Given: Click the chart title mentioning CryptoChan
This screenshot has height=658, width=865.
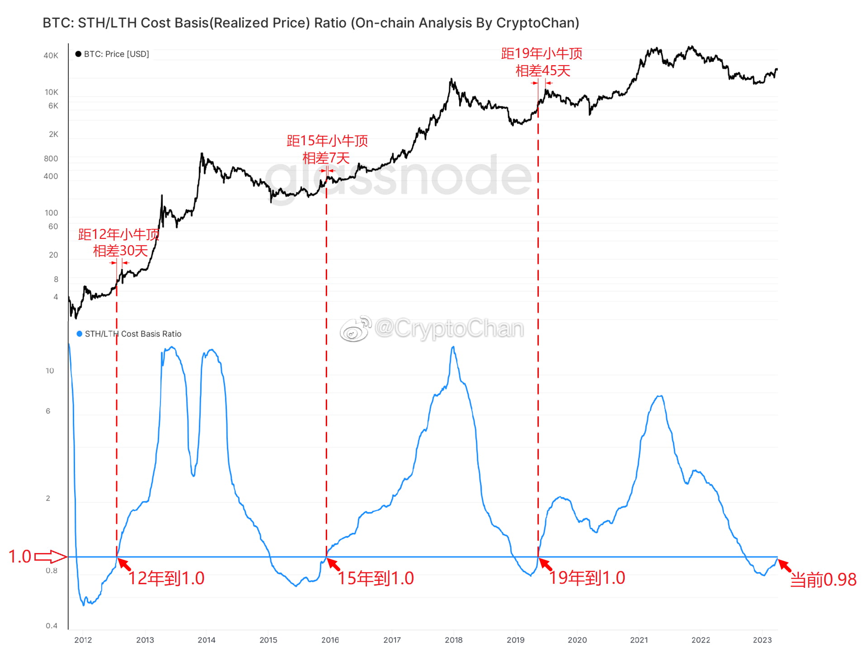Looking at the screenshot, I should pyautogui.click(x=311, y=23).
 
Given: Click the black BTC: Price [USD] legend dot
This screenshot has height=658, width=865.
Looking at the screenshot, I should pyautogui.click(x=78, y=54).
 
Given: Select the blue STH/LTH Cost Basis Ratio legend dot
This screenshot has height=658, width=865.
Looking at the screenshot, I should pyautogui.click(x=80, y=334).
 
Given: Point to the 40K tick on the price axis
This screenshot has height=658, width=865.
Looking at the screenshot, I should pyautogui.click(x=51, y=56).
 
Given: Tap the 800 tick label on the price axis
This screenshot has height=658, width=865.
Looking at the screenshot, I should pyautogui.click(x=51, y=159).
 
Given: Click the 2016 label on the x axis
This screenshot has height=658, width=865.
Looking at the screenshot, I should pyautogui.click(x=330, y=640).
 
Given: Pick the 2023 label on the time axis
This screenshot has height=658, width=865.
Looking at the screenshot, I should pyautogui.click(x=762, y=640).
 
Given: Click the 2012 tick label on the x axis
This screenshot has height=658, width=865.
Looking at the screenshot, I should pyautogui.click(x=83, y=640).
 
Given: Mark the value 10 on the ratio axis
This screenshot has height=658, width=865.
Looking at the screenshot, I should pyautogui.click(x=49, y=371).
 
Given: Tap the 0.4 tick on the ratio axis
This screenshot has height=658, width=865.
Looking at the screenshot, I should pyautogui.click(x=51, y=626).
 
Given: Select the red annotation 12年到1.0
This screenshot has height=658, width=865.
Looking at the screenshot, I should pyautogui.click(x=166, y=578).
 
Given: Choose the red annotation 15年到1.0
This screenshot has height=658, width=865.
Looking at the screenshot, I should pyautogui.click(x=376, y=578).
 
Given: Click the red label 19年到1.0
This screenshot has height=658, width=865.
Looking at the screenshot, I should pyautogui.click(x=587, y=578).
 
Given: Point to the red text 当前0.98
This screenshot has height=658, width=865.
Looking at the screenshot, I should pyautogui.click(x=823, y=580).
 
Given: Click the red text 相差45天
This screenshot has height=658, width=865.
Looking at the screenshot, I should pyautogui.click(x=543, y=71).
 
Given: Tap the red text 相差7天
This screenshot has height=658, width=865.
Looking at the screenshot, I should pyautogui.click(x=326, y=158).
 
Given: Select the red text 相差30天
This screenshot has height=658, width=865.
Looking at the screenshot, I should pyautogui.click(x=120, y=251).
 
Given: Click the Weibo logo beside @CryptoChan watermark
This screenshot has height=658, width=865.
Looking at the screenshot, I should pyautogui.click(x=356, y=329).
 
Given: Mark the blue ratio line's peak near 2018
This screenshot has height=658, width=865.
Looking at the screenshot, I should pyautogui.click(x=453, y=347).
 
